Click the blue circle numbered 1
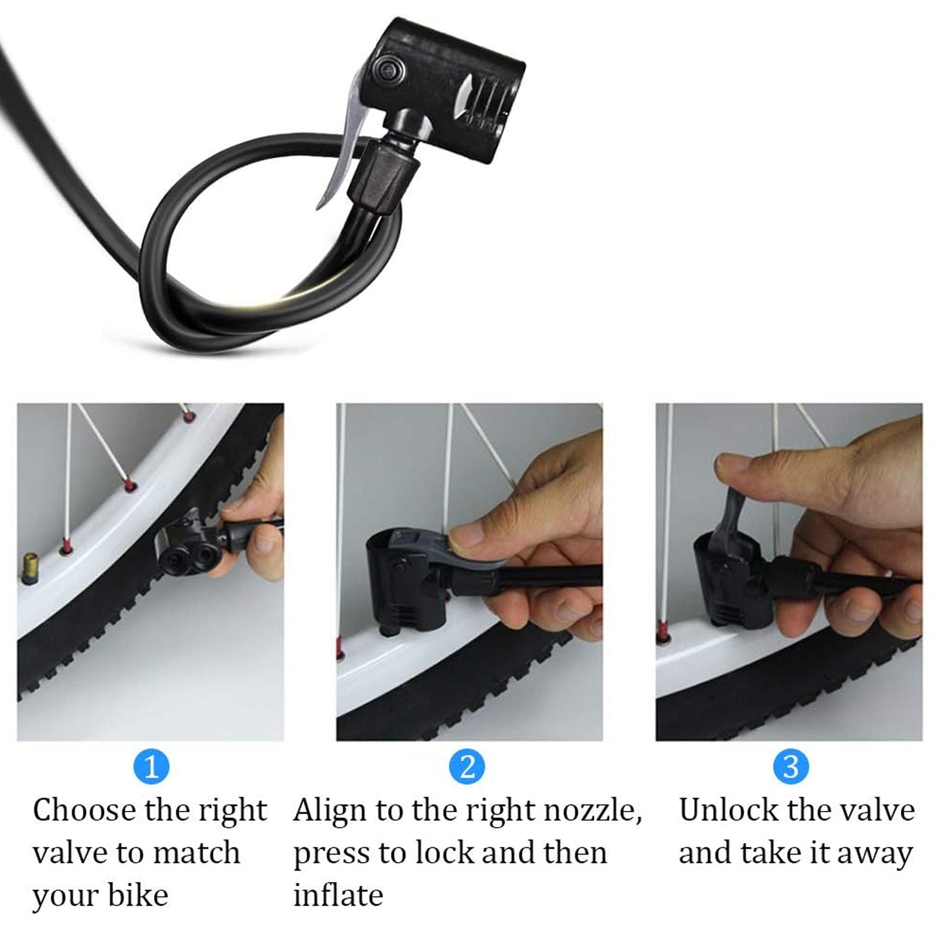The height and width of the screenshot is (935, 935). [x=151, y=766]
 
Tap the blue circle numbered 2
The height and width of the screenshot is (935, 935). [x=467, y=766]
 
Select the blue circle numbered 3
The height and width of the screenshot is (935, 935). [x=790, y=766]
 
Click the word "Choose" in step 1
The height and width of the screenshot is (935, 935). [x=84, y=811]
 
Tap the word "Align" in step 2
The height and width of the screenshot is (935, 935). [x=330, y=811]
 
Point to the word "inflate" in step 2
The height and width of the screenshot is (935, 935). [x=338, y=896]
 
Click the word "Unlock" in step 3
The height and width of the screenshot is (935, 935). [x=727, y=811]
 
